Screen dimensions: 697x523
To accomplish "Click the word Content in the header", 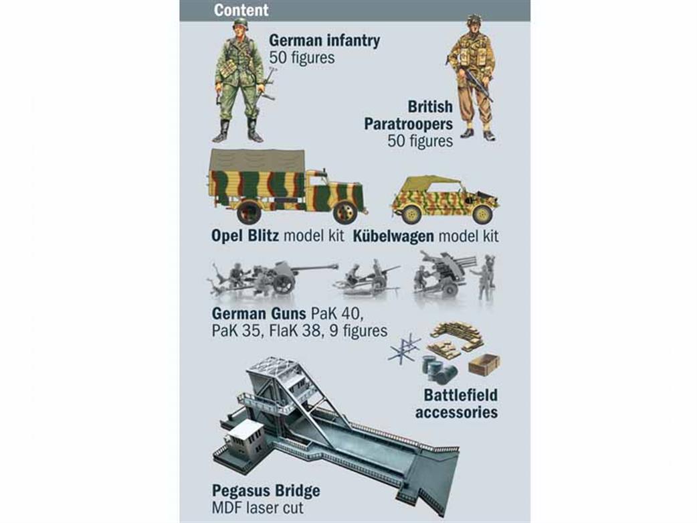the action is pyautogui.click(x=241, y=10).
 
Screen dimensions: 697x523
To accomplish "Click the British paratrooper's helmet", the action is pyautogui.click(x=474, y=19).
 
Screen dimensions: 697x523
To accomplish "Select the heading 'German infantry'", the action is pyautogui.click(x=324, y=40).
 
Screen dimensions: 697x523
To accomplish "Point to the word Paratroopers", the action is pyautogui.click(x=408, y=124).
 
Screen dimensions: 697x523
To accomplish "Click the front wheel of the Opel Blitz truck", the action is pyautogui.click(x=345, y=213).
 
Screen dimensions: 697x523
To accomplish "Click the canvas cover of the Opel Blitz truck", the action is pyautogui.click(x=257, y=160).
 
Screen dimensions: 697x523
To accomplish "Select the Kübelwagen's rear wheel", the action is pyautogui.click(x=411, y=214).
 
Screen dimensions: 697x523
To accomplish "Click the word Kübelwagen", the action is pyautogui.click(x=393, y=236).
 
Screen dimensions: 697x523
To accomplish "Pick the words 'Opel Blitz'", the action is pyautogui.click(x=245, y=236).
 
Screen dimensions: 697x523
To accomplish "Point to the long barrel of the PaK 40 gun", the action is pyautogui.click(x=311, y=268).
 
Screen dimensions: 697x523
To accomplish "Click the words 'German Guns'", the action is pyautogui.click(x=259, y=314).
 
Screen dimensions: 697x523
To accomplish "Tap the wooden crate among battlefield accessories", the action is pyautogui.click(x=484, y=364).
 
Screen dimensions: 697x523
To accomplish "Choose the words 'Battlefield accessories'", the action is pyautogui.click(x=456, y=403).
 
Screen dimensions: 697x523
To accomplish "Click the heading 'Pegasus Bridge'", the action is pyautogui.click(x=266, y=490).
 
